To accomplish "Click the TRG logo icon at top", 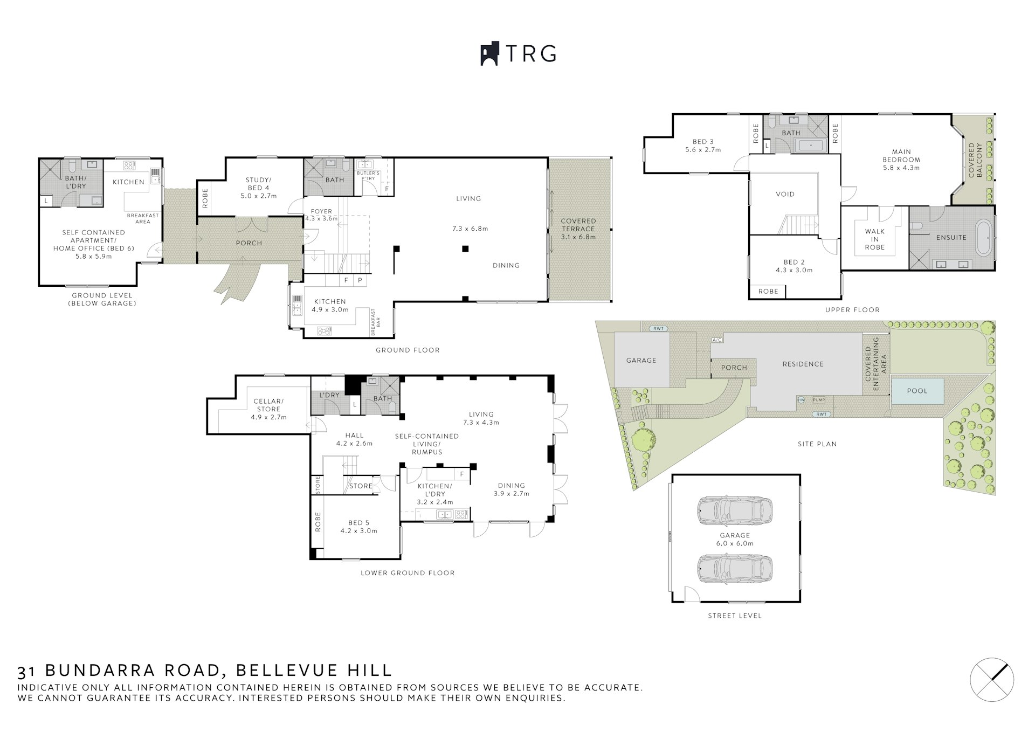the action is (x=490, y=54).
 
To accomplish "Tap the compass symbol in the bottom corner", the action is (x=992, y=680).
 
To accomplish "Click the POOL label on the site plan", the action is (x=917, y=391).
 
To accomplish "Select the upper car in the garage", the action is (x=735, y=510).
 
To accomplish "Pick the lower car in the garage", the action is (x=735, y=569).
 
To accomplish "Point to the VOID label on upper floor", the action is (x=785, y=194).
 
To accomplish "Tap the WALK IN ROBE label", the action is (x=875, y=239).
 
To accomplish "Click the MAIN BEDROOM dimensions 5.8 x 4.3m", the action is (x=901, y=168).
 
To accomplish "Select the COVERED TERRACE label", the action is (x=578, y=225).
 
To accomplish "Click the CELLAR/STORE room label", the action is (x=268, y=405).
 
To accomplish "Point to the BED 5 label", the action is (x=358, y=523).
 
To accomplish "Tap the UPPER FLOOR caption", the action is (x=852, y=310).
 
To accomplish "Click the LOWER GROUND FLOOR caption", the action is (x=408, y=573).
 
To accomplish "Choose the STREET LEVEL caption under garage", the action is (x=735, y=616).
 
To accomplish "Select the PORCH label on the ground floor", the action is (x=249, y=243).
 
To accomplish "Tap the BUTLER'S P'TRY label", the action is (x=369, y=176).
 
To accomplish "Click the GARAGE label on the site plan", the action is (x=641, y=360).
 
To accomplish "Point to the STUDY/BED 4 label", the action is (x=258, y=184).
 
